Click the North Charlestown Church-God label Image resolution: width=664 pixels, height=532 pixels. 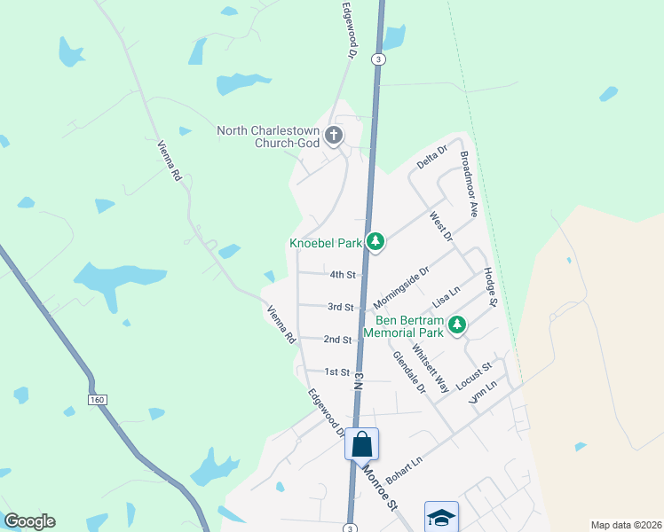click(x=268, y=137)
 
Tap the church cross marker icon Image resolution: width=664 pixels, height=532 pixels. click(x=334, y=136)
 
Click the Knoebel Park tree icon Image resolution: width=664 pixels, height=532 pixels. click(x=375, y=241)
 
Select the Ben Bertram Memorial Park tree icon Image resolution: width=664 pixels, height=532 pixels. click(x=457, y=325)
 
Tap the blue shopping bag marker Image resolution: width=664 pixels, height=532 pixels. click(x=362, y=444)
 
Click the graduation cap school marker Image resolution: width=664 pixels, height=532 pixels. click(x=441, y=517)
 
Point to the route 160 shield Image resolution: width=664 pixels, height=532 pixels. click(x=98, y=401)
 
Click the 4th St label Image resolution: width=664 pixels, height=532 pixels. click(x=343, y=275)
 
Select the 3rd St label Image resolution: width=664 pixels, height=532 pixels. click(x=341, y=308)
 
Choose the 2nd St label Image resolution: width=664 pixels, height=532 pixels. click(x=337, y=340)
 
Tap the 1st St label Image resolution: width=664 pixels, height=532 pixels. click(x=337, y=372)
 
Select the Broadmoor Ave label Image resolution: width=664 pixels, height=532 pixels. click(x=469, y=184)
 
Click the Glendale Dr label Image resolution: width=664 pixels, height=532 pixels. click(x=409, y=372)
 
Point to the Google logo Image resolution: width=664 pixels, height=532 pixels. click(x=29, y=521)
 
